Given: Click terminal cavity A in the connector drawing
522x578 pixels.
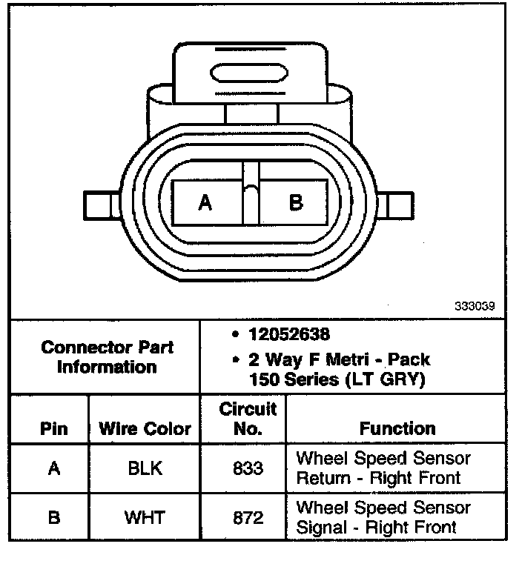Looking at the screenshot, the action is point(206,202).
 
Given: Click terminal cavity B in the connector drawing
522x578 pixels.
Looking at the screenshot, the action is point(295,202).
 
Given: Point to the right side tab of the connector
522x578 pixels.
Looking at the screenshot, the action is point(400,204).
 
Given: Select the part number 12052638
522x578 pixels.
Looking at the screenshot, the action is point(290,335).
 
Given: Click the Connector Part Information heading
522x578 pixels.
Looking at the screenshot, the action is point(108,357).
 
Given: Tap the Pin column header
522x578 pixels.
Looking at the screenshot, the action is point(53,429).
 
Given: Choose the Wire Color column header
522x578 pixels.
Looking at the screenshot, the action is point(145,429).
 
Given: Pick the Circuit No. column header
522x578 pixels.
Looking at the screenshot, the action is point(248,419).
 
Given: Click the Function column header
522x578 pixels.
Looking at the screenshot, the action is point(397,428).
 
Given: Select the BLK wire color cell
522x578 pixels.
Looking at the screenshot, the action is point(145,468).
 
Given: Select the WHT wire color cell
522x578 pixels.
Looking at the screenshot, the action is point(145,517).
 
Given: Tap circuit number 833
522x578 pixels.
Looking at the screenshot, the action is point(248,468).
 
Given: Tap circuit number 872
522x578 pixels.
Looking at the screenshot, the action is point(248,517).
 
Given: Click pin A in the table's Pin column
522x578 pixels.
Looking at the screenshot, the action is point(53,468).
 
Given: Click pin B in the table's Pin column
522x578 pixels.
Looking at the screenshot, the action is point(53,517).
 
